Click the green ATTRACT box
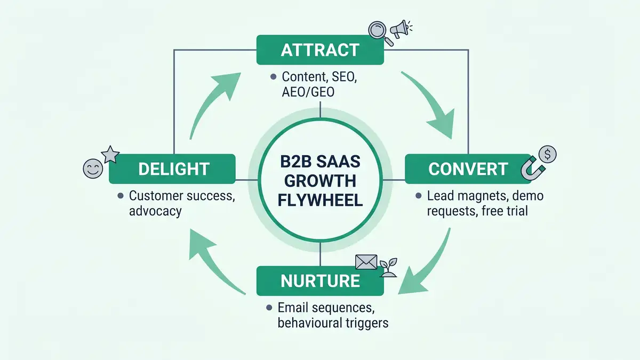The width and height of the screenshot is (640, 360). (x=320, y=50)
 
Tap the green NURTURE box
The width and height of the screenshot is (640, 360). (x=320, y=281)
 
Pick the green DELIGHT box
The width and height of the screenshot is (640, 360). (x=172, y=169)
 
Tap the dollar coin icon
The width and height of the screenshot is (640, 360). (x=547, y=155)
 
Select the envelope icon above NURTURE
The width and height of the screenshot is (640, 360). (x=366, y=262)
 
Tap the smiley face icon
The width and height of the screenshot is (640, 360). (x=92, y=168)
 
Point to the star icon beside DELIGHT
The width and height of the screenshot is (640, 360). (x=109, y=154)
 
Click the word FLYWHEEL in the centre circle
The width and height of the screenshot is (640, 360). (x=320, y=201)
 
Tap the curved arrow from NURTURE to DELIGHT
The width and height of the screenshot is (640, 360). (x=213, y=261)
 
